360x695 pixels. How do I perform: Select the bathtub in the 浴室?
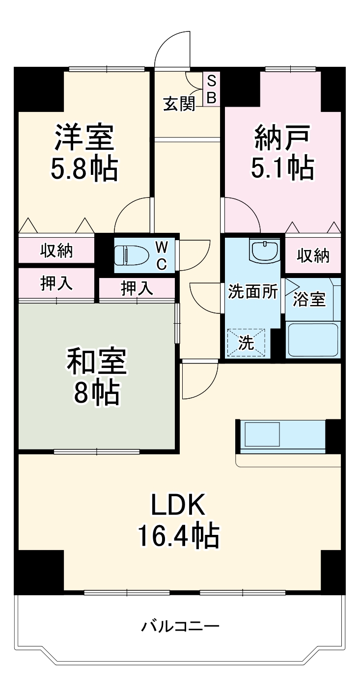pos(313,339)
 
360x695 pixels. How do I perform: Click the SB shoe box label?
pos(211,89)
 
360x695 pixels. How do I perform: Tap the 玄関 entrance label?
pos(179,104)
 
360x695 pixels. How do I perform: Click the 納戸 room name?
pos(282,139)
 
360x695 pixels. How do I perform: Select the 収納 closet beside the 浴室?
pos(313,255)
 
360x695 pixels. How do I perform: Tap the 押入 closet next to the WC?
pos(137,288)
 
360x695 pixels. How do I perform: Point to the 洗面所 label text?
pos(252,291)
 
